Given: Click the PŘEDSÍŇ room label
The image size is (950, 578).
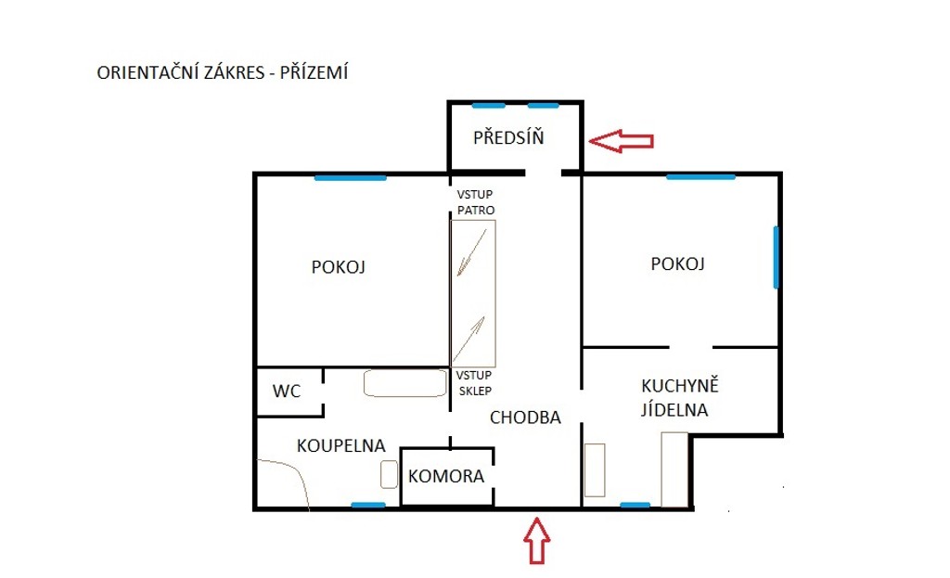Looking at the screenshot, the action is (x=508, y=137).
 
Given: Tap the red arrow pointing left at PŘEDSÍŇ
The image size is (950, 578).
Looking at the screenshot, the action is (x=621, y=141).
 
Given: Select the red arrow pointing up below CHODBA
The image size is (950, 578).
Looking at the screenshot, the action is (x=537, y=541).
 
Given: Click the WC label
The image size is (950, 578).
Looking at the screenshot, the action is (x=287, y=392).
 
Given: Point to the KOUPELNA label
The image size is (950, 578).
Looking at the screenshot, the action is (x=341, y=446).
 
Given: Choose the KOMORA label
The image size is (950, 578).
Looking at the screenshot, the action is (x=446, y=476).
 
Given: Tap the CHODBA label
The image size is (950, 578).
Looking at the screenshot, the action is (x=525, y=417).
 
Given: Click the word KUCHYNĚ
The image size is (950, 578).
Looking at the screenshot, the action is (x=680, y=385).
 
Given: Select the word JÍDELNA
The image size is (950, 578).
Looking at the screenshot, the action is (x=674, y=409).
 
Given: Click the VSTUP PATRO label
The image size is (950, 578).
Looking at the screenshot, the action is (x=476, y=202).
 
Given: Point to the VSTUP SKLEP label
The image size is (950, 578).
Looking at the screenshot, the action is (x=474, y=383).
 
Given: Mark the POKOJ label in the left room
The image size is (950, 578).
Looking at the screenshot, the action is (x=338, y=267).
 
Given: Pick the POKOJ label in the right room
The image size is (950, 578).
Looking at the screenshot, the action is (x=677, y=264).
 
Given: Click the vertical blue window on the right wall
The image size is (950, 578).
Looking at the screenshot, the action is (x=777, y=258).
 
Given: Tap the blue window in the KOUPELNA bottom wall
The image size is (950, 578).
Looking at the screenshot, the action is (x=368, y=505).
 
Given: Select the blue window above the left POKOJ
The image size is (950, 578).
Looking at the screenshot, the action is (x=350, y=177).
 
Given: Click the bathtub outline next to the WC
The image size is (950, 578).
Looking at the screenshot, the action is (x=405, y=383).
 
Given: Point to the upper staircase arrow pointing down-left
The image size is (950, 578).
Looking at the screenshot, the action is (x=471, y=252).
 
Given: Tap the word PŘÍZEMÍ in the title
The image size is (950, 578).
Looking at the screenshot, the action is (x=314, y=72).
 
